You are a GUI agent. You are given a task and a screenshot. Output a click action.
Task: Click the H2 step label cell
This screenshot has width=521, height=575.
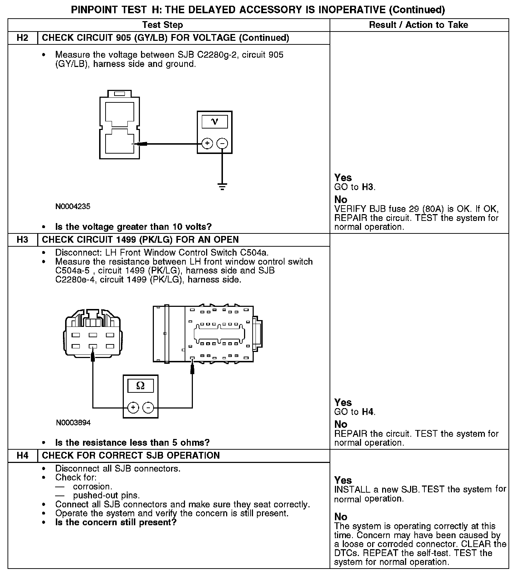coord(23,38)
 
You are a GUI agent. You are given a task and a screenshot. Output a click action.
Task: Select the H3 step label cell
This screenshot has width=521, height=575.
coord(23,240)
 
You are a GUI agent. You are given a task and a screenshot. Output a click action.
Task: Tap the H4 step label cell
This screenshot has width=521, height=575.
coord(23,456)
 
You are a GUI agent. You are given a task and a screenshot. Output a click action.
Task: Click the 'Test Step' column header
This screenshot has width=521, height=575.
coord(162,25)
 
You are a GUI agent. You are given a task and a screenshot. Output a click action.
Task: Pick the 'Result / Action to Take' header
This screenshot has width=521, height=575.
coord(418,25)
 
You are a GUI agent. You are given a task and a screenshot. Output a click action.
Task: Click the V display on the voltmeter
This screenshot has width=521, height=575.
coord(214,122)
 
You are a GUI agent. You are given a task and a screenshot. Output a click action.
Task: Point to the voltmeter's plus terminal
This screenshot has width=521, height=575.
coord(207,144)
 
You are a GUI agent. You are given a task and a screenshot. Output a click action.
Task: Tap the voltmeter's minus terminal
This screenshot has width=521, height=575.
coord(222,144)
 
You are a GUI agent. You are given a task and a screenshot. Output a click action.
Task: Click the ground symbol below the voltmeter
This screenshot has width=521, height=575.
coord(222,187)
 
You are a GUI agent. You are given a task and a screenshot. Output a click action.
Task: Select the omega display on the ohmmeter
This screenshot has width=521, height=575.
coord(140,386)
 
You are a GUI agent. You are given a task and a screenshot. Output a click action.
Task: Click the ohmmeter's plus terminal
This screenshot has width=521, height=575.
coord(133,407)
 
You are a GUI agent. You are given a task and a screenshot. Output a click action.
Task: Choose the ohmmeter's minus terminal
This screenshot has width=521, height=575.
coord(148,407)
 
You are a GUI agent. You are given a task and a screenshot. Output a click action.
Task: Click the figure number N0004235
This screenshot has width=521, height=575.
coord(73,207)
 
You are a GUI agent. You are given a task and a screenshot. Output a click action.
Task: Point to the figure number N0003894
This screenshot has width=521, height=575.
coord(73,423)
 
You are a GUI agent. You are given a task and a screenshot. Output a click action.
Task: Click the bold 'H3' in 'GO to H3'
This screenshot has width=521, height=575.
coord(367,187)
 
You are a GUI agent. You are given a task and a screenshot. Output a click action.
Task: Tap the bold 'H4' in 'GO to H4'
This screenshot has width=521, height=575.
coord(367,412)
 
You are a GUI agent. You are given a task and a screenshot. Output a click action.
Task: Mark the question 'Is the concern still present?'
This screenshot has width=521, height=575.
coord(116,522)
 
